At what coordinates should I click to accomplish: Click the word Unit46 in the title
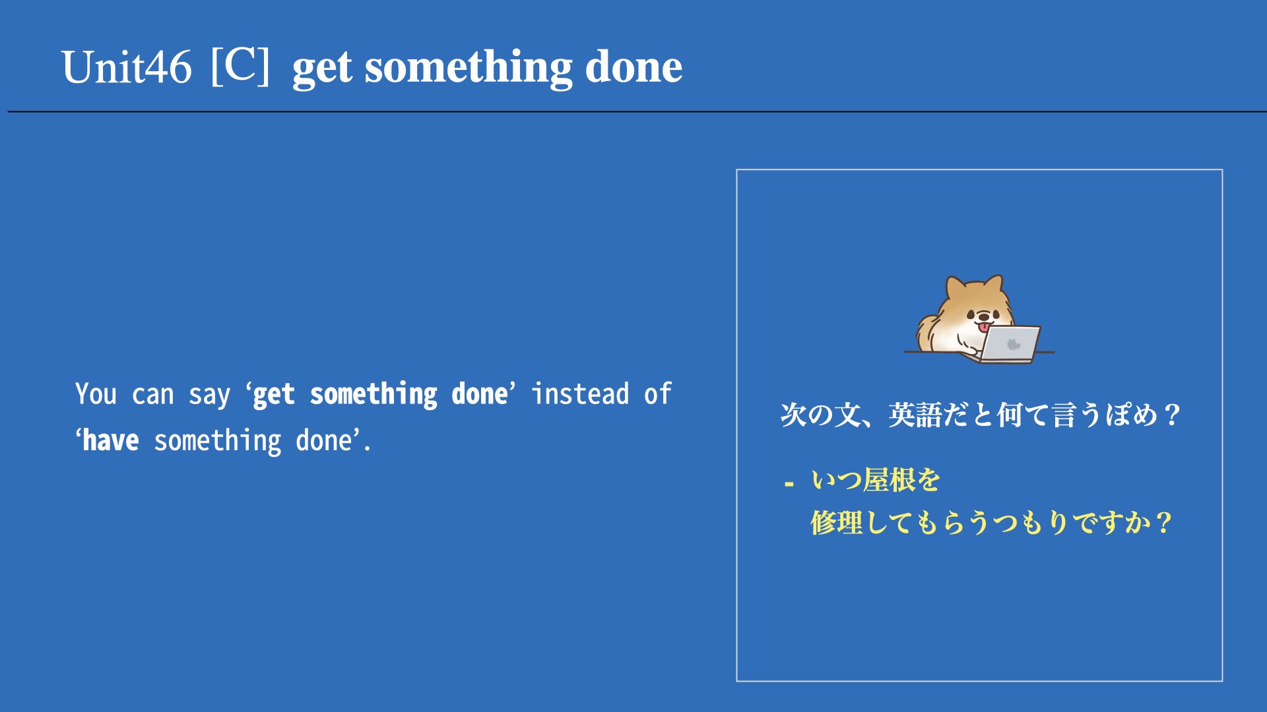(126, 67)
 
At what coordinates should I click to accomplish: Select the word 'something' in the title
(469, 69)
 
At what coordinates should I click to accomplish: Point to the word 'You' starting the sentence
(96, 394)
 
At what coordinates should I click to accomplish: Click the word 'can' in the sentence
(152, 396)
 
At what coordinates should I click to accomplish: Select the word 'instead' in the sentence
(580, 394)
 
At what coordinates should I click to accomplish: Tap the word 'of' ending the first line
(658, 394)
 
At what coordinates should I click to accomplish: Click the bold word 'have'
(111, 440)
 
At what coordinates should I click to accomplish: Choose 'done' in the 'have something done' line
(323, 440)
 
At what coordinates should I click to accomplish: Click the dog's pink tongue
(983, 326)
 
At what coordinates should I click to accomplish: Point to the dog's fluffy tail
(926, 334)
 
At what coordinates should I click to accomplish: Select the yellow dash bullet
(789, 485)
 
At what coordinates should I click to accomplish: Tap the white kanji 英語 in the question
(915, 415)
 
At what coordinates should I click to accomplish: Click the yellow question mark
(1163, 523)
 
